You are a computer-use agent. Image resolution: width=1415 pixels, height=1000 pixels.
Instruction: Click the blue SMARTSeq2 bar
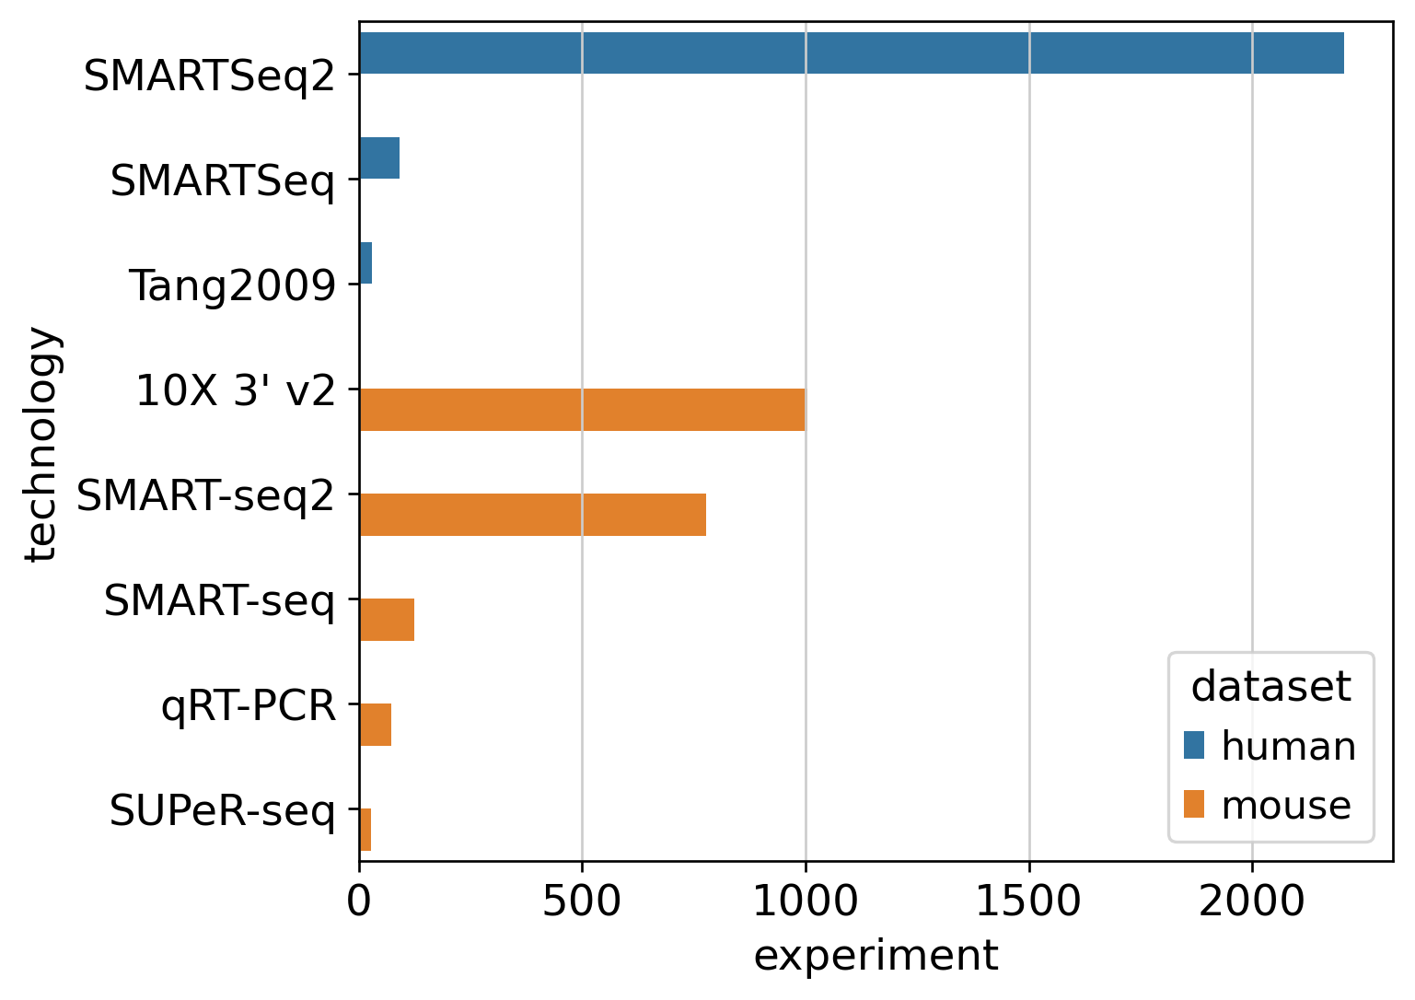pos(851,53)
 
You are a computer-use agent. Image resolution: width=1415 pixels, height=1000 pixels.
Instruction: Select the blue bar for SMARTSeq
pos(379,158)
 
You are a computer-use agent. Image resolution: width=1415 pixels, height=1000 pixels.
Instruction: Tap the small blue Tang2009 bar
pos(365,263)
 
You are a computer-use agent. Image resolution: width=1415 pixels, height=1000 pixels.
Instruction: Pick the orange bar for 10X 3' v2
pos(582,410)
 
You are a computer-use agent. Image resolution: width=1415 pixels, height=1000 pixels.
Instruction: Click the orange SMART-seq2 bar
pos(532,515)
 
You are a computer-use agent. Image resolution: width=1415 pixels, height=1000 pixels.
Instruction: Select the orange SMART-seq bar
pos(387,620)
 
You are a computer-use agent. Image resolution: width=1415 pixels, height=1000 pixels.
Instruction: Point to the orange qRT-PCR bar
pos(376,725)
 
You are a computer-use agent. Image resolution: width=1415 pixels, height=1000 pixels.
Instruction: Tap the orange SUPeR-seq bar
pos(365,830)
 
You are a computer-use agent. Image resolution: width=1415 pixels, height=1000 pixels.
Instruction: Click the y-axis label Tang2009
pos(232,285)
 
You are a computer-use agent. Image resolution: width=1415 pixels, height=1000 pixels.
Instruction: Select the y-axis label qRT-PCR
pos(249,706)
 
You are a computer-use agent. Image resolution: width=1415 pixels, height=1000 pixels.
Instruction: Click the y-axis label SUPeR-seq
pos(222,811)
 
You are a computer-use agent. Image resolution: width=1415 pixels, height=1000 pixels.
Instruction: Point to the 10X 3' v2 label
pos(236,391)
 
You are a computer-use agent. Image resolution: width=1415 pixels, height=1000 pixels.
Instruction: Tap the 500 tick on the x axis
pos(582,901)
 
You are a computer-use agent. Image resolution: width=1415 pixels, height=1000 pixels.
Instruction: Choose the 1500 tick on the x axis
pos(1028,901)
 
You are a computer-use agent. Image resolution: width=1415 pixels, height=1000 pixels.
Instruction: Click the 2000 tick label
pos(1252,901)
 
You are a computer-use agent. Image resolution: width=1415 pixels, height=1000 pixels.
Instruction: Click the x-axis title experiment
pos(876,956)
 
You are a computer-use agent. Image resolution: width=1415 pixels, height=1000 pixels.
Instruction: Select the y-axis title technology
pos(42,444)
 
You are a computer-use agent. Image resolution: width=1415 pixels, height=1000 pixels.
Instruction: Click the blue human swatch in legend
pos(1194,745)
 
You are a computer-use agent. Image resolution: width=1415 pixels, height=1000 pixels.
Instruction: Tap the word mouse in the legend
pos(1286,806)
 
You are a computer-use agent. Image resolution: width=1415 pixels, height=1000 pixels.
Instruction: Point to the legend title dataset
pos(1270,686)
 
